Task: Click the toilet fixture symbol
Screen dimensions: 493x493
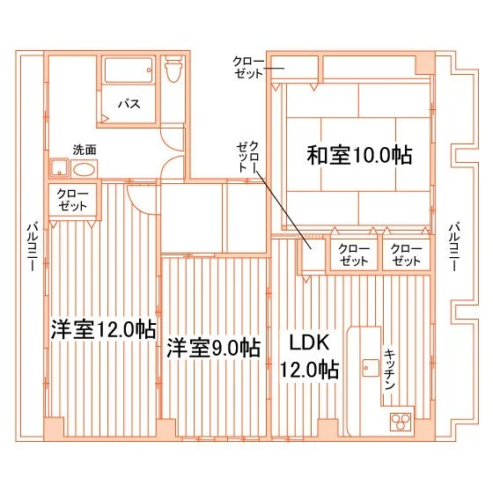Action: [x=173, y=70]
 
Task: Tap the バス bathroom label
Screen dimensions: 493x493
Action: [x=129, y=104]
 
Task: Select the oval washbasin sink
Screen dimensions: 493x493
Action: [x=84, y=170]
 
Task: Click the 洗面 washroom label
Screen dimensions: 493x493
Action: [x=85, y=150]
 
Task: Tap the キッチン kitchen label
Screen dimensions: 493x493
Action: [x=389, y=369]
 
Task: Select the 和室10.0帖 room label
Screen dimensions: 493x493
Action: [x=359, y=155]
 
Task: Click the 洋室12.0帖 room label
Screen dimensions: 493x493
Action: [x=104, y=329]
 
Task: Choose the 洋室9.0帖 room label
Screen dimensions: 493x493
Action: [x=213, y=348]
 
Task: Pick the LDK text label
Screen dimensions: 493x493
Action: [x=309, y=342]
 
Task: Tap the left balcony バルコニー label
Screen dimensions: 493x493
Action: [x=33, y=246]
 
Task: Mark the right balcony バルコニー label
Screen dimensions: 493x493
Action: [x=454, y=246]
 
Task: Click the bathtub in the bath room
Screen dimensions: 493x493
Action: [x=129, y=70]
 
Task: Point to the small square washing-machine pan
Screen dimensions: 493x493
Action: [x=59, y=167]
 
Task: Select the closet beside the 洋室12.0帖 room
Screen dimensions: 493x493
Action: [x=72, y=200]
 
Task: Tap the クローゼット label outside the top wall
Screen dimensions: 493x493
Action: [x=248, y=67]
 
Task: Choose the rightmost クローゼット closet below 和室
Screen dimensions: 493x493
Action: [x=406, y=254]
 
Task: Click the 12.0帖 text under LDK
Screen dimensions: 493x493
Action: [x=309, y=370]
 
